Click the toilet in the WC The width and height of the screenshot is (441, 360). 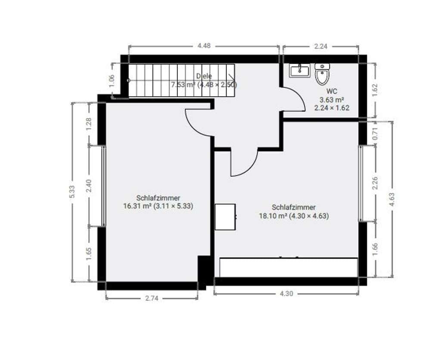point(322,74)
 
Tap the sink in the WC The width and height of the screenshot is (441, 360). point(300,70)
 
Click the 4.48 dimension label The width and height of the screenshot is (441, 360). point(204,46)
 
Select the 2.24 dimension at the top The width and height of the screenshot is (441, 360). point(320,46)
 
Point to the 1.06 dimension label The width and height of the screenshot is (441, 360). point(112,81)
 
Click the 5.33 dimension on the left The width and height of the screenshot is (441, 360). point(72,192)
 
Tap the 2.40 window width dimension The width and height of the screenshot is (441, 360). point(89,186)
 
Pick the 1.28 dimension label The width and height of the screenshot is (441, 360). point(89,124)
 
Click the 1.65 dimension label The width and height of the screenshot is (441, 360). point(89,254)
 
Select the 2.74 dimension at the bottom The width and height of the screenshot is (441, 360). point(152,298)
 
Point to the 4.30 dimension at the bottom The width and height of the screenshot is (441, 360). point(286,294)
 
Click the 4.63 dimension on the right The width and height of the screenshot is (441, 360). point(392,200)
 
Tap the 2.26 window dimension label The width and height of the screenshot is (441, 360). point(375,183)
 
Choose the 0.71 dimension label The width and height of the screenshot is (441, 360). point(375,134)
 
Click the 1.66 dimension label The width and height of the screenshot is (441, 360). point(375,249)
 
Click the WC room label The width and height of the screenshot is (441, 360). point(332,91)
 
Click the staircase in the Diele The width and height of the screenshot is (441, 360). point(182,81)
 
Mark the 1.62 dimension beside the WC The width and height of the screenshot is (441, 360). point(375,90)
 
